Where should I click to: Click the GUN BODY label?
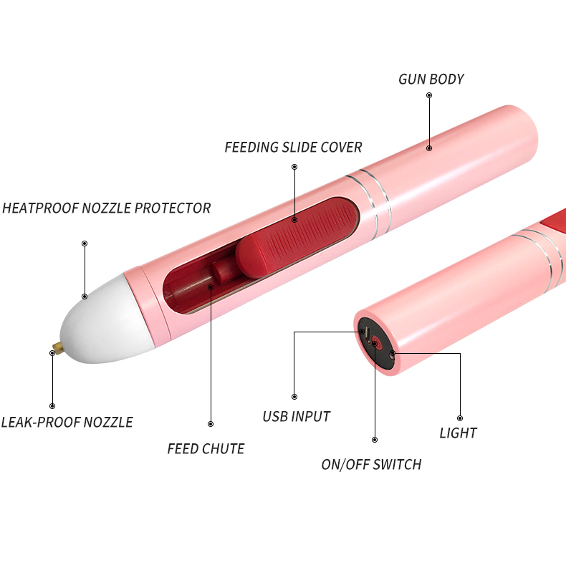pos(431,79)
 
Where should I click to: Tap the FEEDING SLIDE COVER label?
pos(293,148)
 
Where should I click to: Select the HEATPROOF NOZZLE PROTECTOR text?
pos(107,208)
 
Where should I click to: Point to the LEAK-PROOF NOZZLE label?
pos(67,422)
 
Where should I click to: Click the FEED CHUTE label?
pos(206,449)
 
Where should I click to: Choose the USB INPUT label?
pos(296,416)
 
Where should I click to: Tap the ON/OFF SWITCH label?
pos(371,464)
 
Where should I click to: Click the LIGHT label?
pos(458,433)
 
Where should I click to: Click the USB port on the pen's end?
pos(365,334)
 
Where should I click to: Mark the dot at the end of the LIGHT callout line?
pos(459,418)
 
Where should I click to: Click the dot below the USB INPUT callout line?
pos(294,396)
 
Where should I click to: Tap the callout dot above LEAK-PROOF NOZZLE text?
pos(52,406)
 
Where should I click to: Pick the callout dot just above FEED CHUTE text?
pos(210,423)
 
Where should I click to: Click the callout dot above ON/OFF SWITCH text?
pos(375,439)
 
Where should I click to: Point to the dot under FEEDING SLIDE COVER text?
pos(294,166)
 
